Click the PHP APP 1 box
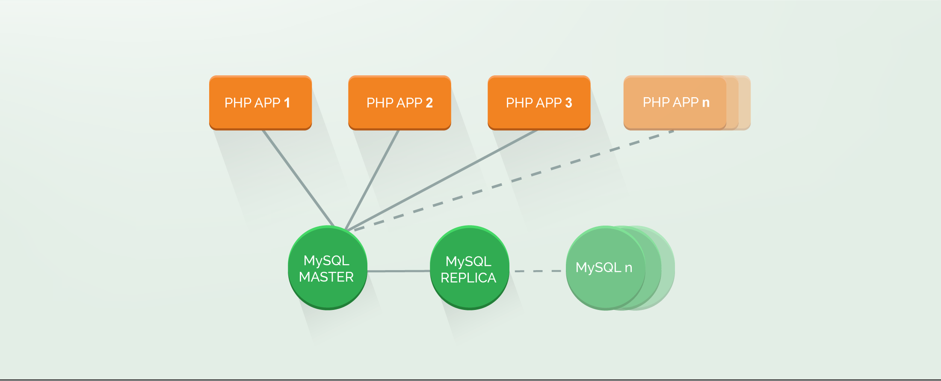tap(260, 103)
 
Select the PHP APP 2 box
tap(399, 103)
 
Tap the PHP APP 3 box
tap(539, 103)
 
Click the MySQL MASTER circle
tap(327, 268)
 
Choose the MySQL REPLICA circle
tap(469, 268)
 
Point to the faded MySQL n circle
tap(605, 268)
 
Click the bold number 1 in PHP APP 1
tap(287, 103)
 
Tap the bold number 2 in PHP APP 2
tap(429, 103)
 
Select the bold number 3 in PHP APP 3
tap(568, 103)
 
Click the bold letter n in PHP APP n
tap(706, 103)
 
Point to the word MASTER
tap(326, 277)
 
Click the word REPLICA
tap(468, 278)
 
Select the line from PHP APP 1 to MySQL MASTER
tap(298, 178)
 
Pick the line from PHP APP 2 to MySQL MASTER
tap(372, 180)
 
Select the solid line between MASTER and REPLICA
tap(399, 271)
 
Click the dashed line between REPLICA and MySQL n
tap(538, 271)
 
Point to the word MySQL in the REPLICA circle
tap(468, 261)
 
